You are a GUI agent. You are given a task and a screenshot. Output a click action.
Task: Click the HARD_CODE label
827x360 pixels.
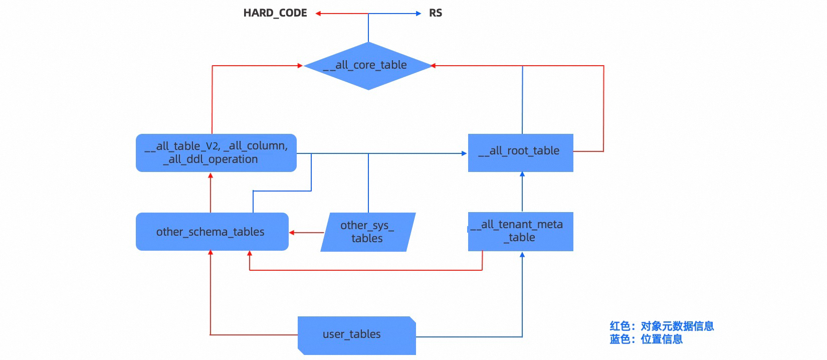(x=275, y=14)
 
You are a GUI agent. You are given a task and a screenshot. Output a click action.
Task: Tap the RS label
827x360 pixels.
(x=436, y=14)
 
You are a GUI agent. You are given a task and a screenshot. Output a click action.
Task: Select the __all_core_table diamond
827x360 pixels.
(x=368, y=66)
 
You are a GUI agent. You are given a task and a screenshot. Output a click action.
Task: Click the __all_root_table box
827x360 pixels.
(x=521, y=152)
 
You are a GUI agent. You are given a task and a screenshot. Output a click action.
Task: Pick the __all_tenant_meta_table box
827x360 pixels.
(x=521, y=232)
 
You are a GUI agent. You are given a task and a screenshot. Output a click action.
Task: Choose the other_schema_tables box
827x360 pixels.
(x=213, y=232)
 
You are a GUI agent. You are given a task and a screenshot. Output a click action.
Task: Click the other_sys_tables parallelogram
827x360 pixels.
(x=368, y=232)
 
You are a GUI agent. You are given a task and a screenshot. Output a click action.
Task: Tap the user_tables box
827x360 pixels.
(x=357, y=335)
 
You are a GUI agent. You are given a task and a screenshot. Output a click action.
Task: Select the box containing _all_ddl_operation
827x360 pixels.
(x=217, y=152)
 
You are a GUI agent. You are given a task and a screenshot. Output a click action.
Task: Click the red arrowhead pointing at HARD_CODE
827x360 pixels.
(x=318, y=14)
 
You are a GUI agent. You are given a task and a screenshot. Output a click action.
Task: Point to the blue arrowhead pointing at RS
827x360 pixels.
(x=419, y=14)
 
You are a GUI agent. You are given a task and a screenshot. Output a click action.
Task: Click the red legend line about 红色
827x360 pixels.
(x=662, y=326)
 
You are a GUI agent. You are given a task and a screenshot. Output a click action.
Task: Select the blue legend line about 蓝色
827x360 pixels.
(x=646, y=339)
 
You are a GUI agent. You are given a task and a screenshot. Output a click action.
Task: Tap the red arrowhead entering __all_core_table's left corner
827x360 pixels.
(x=300, y=66)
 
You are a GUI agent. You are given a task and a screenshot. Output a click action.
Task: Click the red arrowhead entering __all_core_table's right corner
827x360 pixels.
(x=433, y=66)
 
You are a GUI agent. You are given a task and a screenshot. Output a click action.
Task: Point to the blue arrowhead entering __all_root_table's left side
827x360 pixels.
(x=464, y=153)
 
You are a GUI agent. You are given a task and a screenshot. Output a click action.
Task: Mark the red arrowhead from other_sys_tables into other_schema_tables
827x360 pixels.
(x=292, y=233)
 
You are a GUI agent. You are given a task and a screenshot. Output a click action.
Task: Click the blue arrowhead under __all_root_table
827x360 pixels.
(x=522, y=174)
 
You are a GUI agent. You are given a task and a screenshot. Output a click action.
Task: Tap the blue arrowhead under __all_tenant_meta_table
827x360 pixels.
(x=522, y=254)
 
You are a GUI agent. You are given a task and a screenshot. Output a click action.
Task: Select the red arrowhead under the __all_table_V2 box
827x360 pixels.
(x=211, y=175)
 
